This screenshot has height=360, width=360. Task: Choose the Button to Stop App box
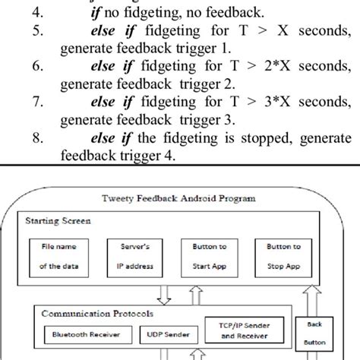click(284, 256)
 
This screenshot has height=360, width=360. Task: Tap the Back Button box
click(314, 331)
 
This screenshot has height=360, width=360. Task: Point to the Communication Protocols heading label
click(87, 311)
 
